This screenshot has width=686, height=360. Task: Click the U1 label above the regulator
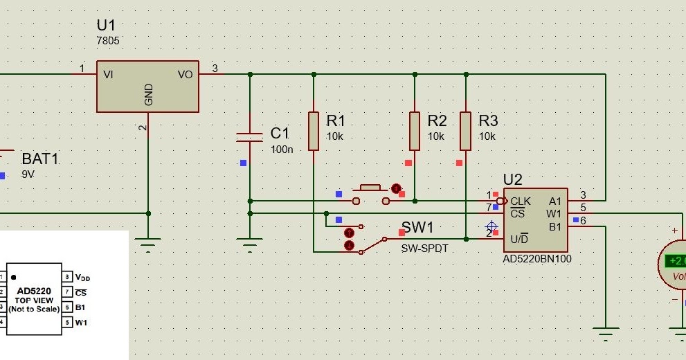pos(107,26)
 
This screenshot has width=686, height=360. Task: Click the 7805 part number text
pos(107,41)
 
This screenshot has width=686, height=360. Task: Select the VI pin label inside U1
pos(108,74)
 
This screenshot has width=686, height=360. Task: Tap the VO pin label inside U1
pos(185,74)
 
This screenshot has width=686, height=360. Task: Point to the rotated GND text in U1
pos(149,95)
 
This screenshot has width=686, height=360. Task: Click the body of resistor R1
pos(314,131)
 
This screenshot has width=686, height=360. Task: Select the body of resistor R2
pos(415,131)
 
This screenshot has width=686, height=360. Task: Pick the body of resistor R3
pos(466,131)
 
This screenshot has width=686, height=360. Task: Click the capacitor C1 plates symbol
pos(250,137)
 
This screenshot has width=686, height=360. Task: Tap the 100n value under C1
pos(281,149)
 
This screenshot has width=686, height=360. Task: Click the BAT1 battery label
pos(40,159)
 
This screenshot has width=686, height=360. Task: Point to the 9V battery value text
pos(28,174)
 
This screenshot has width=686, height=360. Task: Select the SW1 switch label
pos(417,228)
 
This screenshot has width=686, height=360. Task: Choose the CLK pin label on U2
pos(521,201)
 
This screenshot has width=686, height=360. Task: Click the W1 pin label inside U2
pos(554,213)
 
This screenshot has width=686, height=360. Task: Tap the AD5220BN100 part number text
pos(537,260)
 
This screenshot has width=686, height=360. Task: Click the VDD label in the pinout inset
pos(82,277)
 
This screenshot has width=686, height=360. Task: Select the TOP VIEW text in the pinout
pos(33,300)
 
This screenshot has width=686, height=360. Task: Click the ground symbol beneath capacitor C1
pos(250,244)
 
